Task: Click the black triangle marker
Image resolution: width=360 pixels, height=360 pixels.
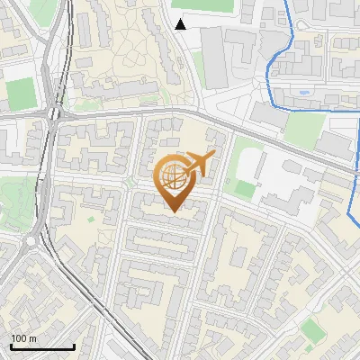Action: pyautogui.click(x=181, y=24)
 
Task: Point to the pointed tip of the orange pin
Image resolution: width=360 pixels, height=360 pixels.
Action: pyautogui.click(x=175, y=211)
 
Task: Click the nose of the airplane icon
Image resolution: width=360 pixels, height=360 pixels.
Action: pyautogui.click(x=213, y=156)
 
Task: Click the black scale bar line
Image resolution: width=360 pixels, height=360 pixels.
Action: pyautogui.click(x=42, y=346)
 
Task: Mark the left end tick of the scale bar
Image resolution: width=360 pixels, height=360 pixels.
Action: pyautogui.click(x=11, y=345)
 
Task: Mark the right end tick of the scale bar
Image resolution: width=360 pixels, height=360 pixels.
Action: pyautogui.click(x=74, y=345)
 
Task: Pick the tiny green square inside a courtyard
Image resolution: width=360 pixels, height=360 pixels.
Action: pyautogui.click(x=91, y=218)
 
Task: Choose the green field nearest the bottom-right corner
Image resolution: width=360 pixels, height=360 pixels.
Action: pyautogui.click(x=312, y=332)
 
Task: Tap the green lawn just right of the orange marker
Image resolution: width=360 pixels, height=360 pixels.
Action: pyautogui.click(x=242, y=188)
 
